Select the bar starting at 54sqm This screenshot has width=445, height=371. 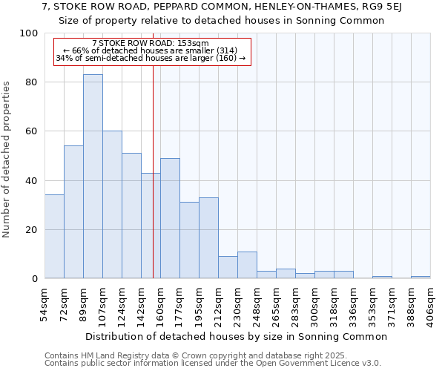click(54, 237)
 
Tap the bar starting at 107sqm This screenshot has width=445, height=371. click(112, 205)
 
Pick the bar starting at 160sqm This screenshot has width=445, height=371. click(170, 218)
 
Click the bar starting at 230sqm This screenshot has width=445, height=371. click(247, 265)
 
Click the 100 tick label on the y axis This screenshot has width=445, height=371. click(29, 33)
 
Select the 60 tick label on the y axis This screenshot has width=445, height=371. click(32, 131)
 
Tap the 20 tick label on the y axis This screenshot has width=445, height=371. click(32, 230)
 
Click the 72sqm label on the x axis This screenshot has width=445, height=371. click(64, 303)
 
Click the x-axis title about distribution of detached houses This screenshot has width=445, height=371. click(236, 337)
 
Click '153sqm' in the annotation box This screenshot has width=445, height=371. click(195, 43)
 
